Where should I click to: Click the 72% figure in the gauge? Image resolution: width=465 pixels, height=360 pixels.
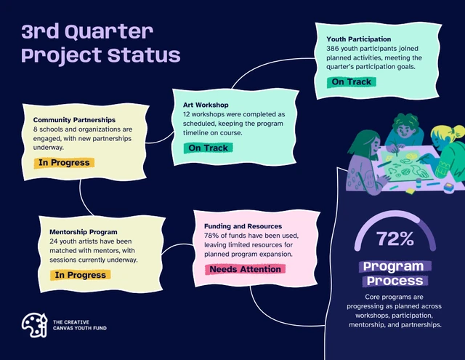(x=395, y=239)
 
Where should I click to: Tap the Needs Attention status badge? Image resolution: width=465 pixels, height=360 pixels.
(x=246, y=269)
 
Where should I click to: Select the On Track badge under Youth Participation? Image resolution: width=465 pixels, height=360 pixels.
(x=352, y=82)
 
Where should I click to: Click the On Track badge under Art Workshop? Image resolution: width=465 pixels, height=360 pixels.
(x=209, y=148)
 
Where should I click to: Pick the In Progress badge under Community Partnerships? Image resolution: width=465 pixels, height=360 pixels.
(x=64, y=163)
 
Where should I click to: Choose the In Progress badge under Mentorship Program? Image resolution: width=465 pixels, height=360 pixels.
(x=81, y=275)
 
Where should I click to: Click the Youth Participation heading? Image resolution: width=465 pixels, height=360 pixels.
(x=358, y=39)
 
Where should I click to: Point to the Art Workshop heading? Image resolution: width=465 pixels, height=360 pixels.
(x=206, y=105)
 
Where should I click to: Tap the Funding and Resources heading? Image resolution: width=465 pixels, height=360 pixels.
(x=243, y=226)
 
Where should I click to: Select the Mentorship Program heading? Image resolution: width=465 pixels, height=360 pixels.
(x=84, y=232)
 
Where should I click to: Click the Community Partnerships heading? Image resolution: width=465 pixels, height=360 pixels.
(x=74, y=120)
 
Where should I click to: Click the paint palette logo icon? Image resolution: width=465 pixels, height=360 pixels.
(x=34, y=325)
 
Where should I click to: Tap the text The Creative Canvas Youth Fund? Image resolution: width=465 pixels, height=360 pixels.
(x=80, y=325)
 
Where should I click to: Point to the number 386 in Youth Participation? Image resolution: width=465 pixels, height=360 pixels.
(x=333, y=49)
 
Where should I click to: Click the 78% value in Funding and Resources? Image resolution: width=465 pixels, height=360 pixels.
(x=211, y=236)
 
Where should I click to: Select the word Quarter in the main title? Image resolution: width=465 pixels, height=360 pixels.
(x=109, y=31)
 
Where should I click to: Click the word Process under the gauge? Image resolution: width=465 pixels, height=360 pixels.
(x=395, y=281)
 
